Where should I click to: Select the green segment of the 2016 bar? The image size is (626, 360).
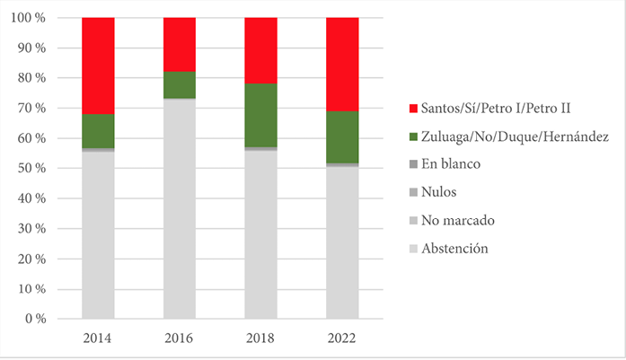180,84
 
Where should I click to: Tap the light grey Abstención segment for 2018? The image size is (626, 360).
260,233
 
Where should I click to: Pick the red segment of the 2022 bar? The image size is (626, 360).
342,64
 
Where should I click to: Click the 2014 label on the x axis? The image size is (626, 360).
98,339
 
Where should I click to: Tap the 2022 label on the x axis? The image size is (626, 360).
342,339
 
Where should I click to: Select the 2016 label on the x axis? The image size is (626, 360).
180,339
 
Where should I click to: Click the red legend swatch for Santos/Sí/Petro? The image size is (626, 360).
413,109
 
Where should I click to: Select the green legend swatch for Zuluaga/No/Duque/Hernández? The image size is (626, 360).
413,136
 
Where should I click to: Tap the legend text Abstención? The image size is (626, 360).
458,248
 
